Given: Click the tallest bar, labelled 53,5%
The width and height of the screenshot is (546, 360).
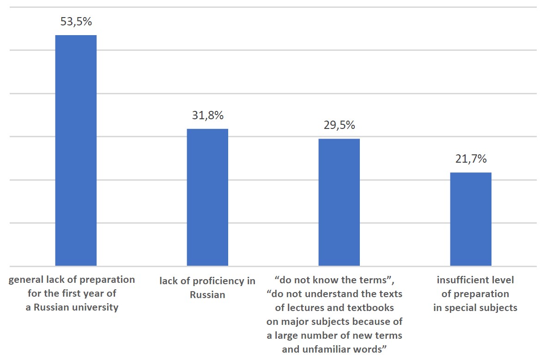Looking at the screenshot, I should point(76,150).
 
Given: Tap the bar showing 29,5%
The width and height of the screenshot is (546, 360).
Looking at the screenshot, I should point(339,202).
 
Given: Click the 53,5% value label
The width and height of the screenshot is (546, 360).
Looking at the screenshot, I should point(76,21).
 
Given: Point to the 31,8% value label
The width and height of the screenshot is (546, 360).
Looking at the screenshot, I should point(207,116).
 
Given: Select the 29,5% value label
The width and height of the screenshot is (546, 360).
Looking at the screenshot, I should point(339,125).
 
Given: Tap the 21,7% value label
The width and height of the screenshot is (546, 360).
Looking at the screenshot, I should point(471,159).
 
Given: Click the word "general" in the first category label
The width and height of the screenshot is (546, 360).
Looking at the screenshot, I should point(26,280).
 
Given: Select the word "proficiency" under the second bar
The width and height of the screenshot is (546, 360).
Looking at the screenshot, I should point(219,281).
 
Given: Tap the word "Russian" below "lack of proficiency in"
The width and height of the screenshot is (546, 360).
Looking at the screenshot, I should point(207,294).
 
